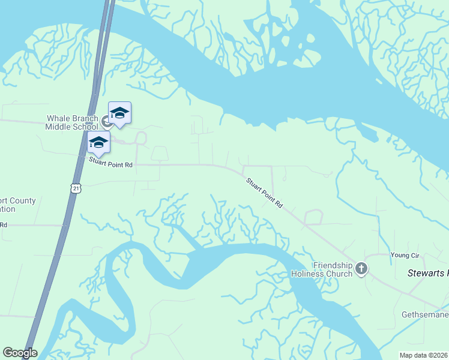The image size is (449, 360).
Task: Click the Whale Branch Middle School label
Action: (72, 122)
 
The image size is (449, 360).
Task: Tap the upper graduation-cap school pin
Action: (119, 113)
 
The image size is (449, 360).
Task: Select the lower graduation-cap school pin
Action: (98, 143)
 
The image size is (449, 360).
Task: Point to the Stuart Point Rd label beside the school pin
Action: (110, 163)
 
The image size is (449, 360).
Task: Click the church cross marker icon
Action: (361, 269)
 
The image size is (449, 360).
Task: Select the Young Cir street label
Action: (405, 256)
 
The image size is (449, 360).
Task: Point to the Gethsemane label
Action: (424, 315)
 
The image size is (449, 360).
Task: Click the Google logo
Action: (20, 353)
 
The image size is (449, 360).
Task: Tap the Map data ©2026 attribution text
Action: (424, 355)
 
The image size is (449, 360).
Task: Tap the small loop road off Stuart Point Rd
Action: (313, 217)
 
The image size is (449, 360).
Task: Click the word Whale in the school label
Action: (58, 118)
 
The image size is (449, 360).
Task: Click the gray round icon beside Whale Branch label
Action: (106, 122)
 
